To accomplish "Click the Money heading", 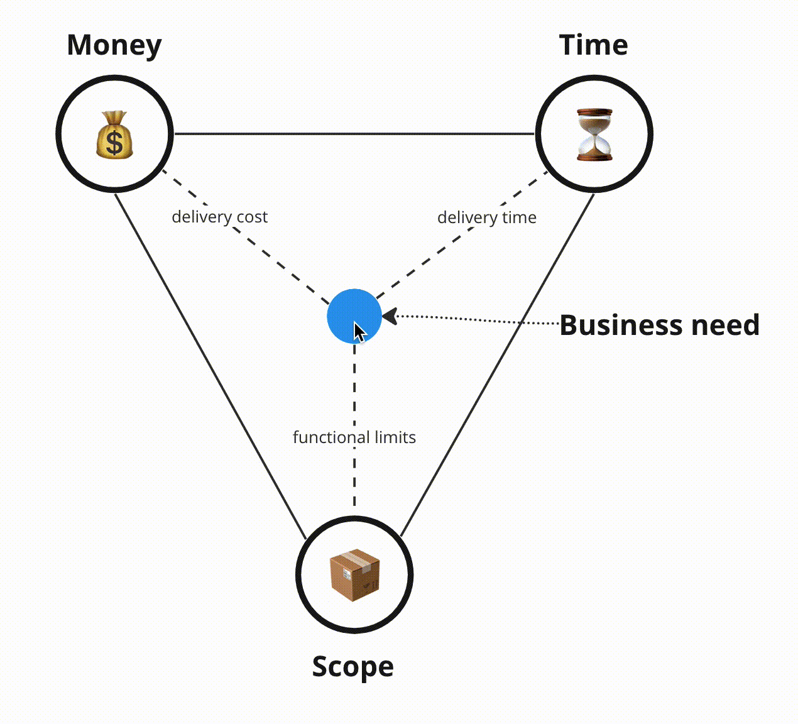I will click(x=114, y=46).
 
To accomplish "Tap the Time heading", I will click(x=593, y=45).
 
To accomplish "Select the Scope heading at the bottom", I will click(x=353, y=666).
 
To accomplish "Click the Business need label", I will click(x=659, y=325).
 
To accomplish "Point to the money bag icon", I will click(x=114, y=135).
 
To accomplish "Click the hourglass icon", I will click(x=594, y=134).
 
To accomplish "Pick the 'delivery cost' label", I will click(x=219, y=217).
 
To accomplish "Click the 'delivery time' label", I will click(x=486, y=217).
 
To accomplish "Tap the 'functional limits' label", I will click(x=354, y=437).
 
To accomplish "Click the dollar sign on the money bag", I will click(x=114, y=141).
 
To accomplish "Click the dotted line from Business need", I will click(x=478, y=320).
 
